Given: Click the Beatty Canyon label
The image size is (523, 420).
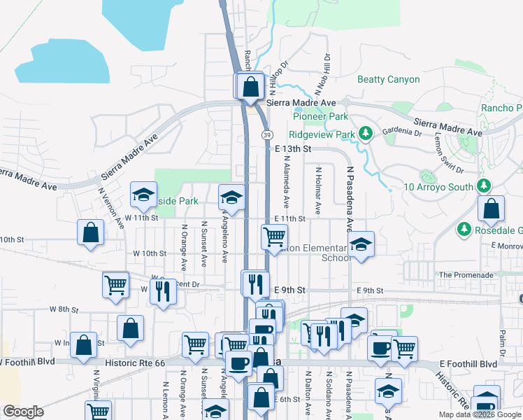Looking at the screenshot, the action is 389,80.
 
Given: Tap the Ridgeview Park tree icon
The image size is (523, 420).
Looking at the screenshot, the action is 365,132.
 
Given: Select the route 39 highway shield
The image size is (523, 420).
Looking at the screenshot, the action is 267,134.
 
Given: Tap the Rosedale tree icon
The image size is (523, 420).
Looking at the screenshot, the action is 464,230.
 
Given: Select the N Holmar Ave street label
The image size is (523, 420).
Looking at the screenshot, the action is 318,190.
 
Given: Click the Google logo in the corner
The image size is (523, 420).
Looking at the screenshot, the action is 23,412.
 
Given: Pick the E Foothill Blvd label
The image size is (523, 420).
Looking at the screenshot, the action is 468,365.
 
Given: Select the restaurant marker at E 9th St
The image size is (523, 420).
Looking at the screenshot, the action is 255,283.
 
